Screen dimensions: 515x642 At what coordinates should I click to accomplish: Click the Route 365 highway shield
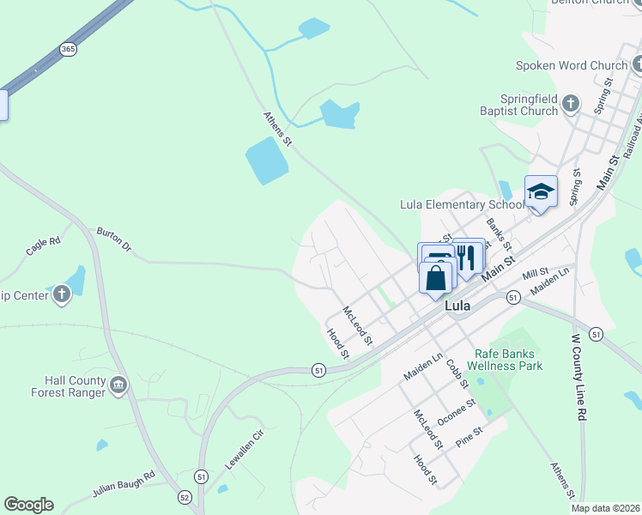click(x=68, y=49)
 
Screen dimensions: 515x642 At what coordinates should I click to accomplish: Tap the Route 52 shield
click(x=185, y=497)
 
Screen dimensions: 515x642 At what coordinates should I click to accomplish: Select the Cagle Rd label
click(x=43, y=246)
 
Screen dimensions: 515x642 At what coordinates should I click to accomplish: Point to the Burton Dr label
click(x=114, y=239)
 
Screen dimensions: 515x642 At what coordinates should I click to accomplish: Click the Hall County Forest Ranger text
click(x=76, y=386)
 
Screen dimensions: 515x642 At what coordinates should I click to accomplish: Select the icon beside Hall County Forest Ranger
click(x=118, y=386)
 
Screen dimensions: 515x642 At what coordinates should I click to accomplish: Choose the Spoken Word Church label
click(x=572, y=65)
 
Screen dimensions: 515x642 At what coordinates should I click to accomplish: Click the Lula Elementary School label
click(x=462, y=204)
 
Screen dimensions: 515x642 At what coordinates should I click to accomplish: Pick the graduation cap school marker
click(x=541, y=191)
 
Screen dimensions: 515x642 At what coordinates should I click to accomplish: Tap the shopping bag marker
click(x=436, y=278)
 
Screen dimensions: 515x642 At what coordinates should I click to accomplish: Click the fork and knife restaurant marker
click(x=468, y=256)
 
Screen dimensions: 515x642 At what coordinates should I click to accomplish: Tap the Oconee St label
click(x=456, y=412)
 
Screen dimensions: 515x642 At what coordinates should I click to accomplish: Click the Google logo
click(x=28, y=505)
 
